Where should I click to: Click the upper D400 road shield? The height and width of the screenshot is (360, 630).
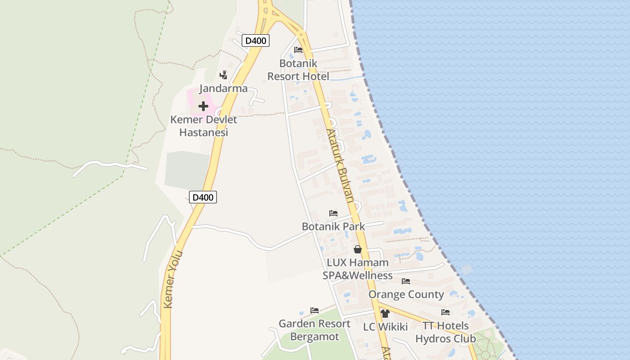[256, 40]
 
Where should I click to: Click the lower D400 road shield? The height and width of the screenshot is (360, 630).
[203, 197]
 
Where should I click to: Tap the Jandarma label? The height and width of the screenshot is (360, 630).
[224, 88]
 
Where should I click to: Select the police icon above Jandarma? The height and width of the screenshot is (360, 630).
[223, 75]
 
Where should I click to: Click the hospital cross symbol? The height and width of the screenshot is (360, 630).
[203, 107]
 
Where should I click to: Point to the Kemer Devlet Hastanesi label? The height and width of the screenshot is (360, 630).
[203, 126]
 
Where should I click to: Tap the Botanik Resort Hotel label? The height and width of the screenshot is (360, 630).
[298, 70]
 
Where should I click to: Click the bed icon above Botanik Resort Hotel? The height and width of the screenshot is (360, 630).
[298, 50]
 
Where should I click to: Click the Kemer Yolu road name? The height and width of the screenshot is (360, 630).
[174, 279]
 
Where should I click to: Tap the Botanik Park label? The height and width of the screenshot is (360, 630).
[333, 226]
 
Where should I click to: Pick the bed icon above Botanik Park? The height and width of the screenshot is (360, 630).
[333, 213]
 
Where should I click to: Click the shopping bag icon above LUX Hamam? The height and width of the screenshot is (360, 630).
[358, 249]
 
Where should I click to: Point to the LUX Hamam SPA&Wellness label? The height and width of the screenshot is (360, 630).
[358, 269]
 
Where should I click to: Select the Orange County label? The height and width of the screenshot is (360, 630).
[406, 294]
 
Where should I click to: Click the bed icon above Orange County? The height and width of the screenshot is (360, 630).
[406, 281]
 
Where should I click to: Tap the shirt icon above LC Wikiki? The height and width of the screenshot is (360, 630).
[385, 314]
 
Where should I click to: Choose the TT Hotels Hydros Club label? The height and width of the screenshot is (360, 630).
[445, 332]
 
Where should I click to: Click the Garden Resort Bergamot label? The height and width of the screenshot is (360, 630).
[315, 330]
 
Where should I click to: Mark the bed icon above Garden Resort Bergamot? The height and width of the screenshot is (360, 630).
[315, 310]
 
